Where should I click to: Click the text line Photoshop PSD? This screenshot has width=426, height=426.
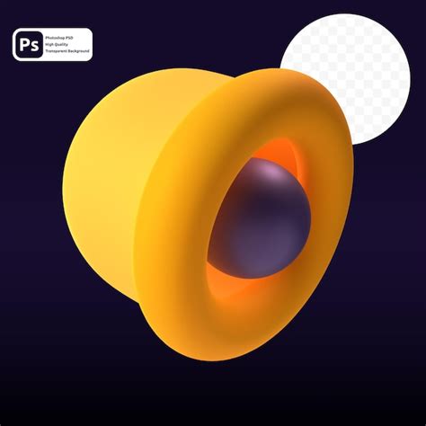pyautogui.click(x=64, y=37)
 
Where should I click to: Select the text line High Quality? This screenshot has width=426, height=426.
pyautogui.click(x=60, y=45)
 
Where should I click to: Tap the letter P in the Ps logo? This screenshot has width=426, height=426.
pyautogui.click(x=24, y=45)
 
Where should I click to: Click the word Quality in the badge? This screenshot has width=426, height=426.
pyautogui.click(x=65, y=45)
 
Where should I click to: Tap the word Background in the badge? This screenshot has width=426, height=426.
pyautogui.click(x=78, y=53)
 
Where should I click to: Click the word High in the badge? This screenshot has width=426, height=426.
pyautogui.click(x=52, y=45)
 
